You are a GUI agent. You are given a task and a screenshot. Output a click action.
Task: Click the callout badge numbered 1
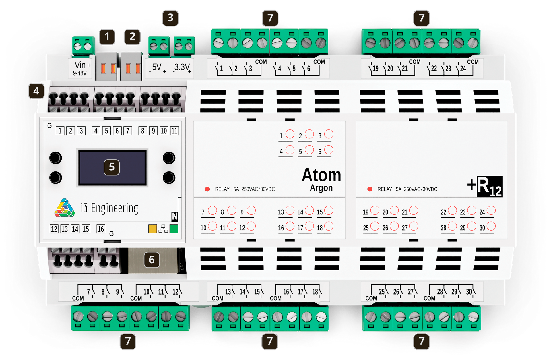pyautogui.click(x=107, y=37)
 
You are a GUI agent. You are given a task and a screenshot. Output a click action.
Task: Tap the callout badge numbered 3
pyautogui.click(x=170, y=18)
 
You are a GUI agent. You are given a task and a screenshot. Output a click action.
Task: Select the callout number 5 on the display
pyautogui.click(x=112, y=167)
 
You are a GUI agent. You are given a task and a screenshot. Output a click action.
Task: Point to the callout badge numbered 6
pyautogui.click(x=152, y=260)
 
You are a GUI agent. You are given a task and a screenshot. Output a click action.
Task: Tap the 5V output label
pyautogui.click(x=158, y=68)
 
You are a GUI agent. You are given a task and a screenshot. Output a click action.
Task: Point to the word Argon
pyautogui.click(x=321, y=188)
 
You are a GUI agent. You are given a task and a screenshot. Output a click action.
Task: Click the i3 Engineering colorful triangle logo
pyautogui.click(x=65, y=208)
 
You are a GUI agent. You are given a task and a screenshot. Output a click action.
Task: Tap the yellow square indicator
pyautogui.click(x=152, y=229)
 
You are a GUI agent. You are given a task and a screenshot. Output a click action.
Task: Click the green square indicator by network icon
pyautogui.click(x=174, y=229)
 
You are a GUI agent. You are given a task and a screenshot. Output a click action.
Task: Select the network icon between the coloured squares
pyautogui.click(x=163, y=229)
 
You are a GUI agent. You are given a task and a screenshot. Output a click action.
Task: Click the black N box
pyautogui.click(x=174, y=216)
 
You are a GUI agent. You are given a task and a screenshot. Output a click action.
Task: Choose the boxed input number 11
pyautogui.click(x=174, y=131)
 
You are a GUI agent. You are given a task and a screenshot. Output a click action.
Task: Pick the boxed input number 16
pyautogui.click(x=101, y=229)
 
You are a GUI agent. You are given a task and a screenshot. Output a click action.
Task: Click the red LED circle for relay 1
pyautogui.click(x=290, y=134)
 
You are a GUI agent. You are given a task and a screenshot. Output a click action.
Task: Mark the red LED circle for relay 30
pyautogui.click(x=491, y=226)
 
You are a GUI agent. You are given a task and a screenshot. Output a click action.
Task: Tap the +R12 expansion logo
pyautogui.click(x=485, y=186)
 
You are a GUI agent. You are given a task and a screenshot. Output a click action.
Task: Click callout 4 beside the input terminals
pyautogui.click(x=36, y=91)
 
